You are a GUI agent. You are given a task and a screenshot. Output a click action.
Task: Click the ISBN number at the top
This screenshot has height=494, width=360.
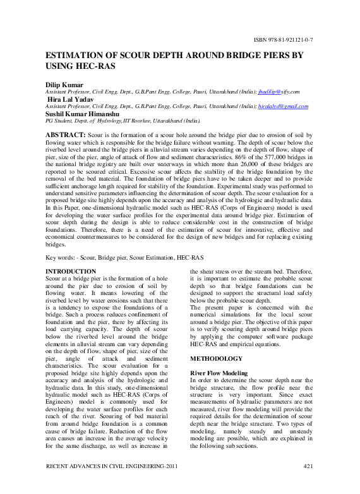[284, 40]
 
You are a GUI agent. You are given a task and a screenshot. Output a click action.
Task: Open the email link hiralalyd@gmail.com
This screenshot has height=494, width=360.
[284, 106]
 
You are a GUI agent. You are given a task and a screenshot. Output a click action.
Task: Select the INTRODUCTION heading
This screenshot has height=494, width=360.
[72, 271]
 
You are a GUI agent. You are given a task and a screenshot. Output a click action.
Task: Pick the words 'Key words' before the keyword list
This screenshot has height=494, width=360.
[61, 258]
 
